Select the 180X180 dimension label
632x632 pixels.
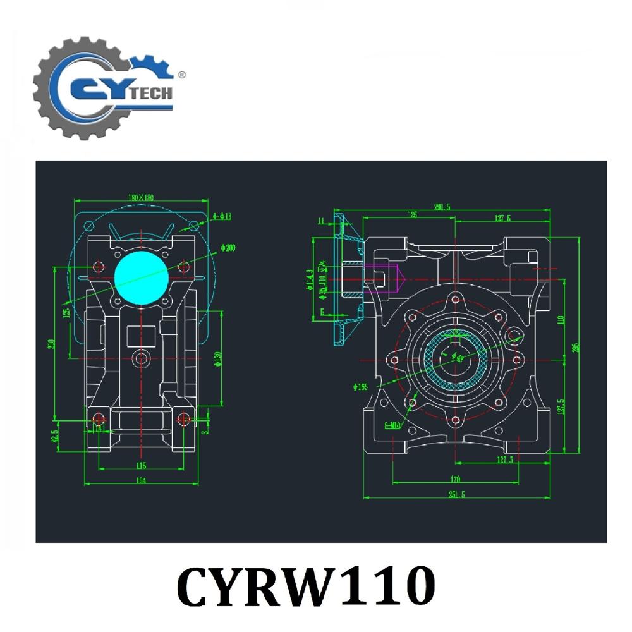141,197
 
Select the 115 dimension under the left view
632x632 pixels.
141,466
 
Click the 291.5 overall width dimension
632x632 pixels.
442,207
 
